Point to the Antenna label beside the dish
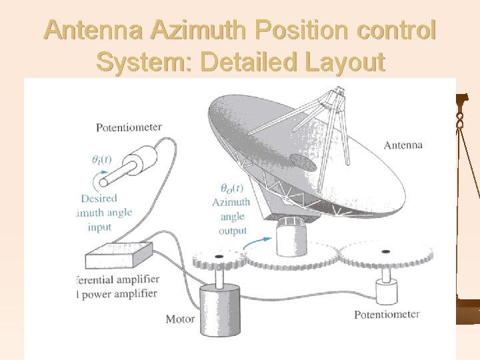tap(403, 145)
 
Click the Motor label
tap(180, 319)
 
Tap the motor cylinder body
tap(219, 307)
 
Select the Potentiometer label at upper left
tap(129, 127)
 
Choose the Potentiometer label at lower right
tap(387, 314)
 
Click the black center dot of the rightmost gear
tap(385, 251)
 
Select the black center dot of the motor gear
tap(219, 257)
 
